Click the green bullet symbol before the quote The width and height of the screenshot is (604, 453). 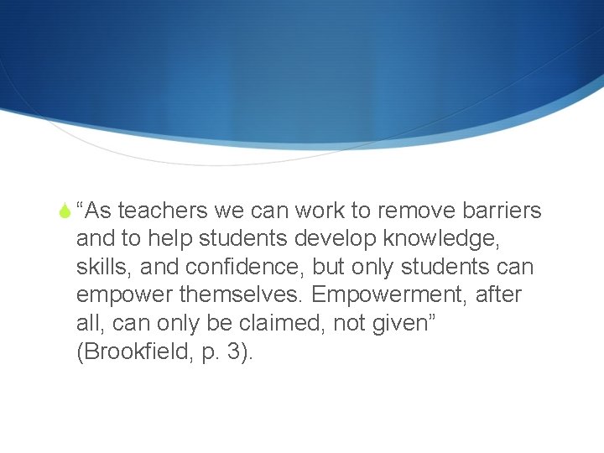(x=65, y=210)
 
